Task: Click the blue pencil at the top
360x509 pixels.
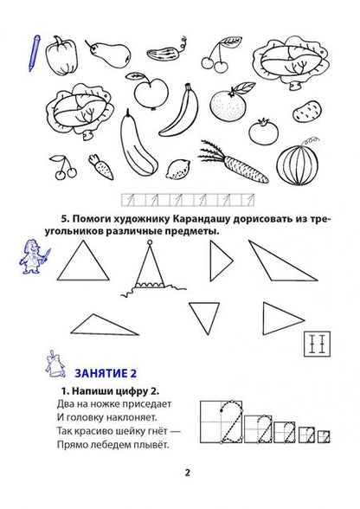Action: point(34,53)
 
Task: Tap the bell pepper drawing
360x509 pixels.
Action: point(61,56)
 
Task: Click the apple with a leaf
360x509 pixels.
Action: point(150,91)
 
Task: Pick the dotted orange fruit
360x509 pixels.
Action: point(228,104)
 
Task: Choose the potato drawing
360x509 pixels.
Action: point(306,112)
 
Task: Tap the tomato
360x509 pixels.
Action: point(264,132)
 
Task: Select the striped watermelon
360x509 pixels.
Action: point(298,164)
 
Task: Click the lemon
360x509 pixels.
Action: point(178,170)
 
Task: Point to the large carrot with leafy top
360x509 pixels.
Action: point(235,161)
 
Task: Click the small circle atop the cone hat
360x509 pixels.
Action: point(150,242)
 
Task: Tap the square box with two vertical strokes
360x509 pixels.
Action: point(317,345)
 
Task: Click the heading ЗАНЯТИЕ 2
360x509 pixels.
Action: point(106,373)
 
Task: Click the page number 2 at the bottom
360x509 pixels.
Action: point(187,473)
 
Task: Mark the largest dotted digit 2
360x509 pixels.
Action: point(232,422)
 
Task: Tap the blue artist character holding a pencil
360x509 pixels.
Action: point(35,257)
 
